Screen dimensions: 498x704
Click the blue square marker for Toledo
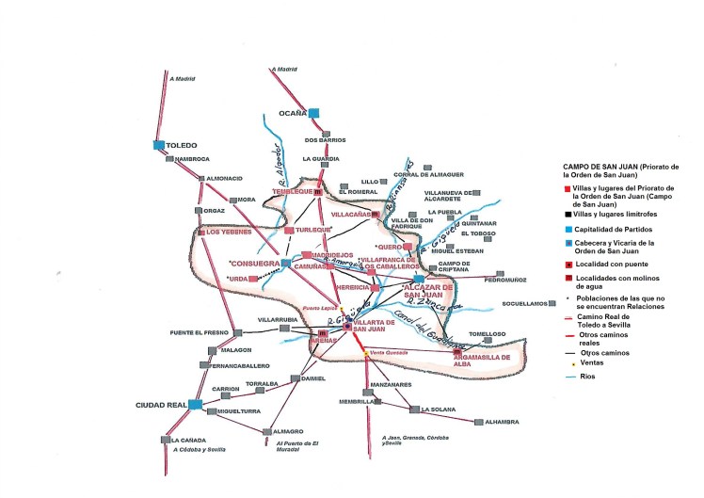coord(160,145)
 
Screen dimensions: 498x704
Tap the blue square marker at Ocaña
coord(314,112)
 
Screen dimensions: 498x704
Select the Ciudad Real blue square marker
coord(195,405)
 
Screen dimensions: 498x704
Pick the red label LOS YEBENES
coord(226,232)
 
